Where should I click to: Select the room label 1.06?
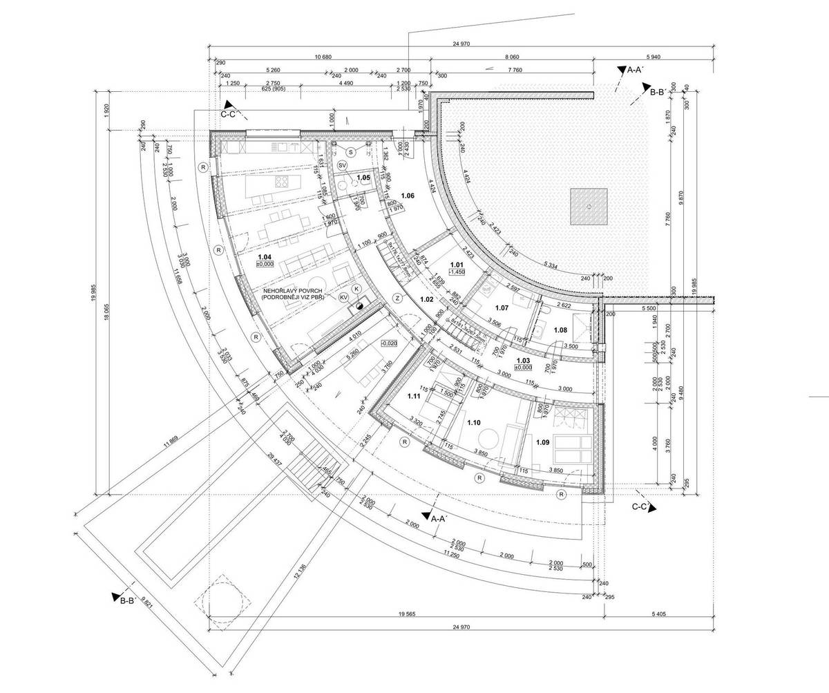tap(407, 196)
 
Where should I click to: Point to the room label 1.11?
tap(414, 397)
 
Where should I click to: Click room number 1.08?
tap(560, 330)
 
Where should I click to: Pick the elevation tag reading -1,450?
tap(456, 272)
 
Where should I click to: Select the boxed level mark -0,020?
tap(390, 343)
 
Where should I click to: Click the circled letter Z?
tap(398, 297)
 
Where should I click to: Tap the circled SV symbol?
tap(343, 166)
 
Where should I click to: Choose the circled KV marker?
tap(343, 296)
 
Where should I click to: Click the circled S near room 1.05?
tap(350, 151)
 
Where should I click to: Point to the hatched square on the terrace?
tap(589, 207)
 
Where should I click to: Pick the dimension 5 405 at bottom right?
tap(659, 614)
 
